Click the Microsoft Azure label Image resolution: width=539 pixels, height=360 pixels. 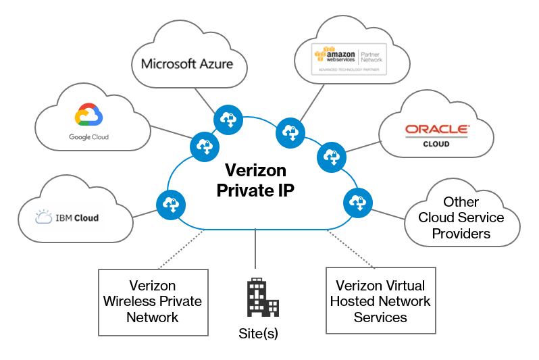pos(187,64)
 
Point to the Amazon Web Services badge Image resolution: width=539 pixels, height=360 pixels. pos(349,59)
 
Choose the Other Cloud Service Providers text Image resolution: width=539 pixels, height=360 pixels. pos(461,217)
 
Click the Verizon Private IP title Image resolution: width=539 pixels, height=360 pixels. pos(256,180)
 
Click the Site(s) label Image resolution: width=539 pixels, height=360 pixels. pos(258,333)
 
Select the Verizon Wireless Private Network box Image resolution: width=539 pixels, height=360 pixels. pos(153,302)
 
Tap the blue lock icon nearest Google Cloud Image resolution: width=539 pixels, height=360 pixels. pos(203,145)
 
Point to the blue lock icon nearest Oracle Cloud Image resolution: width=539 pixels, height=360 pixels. pos(330,156)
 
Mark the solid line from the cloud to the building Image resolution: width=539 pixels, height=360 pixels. pos(255,250)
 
